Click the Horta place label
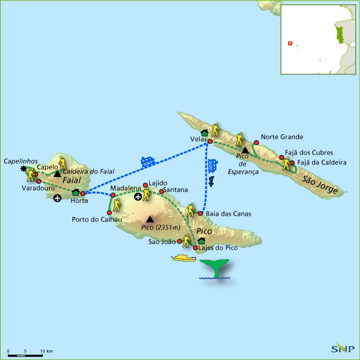click(x=79, y=201)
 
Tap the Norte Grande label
click(x=282, y=137)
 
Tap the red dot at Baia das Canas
click(x=200, y=213)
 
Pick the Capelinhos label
click(x=21, y=161)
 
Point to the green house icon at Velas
click(x=204, y=133)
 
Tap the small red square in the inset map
click(x=290, y=43)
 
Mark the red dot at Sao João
click(x=180, y=242)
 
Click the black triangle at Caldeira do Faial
click(x=57, y=174)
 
